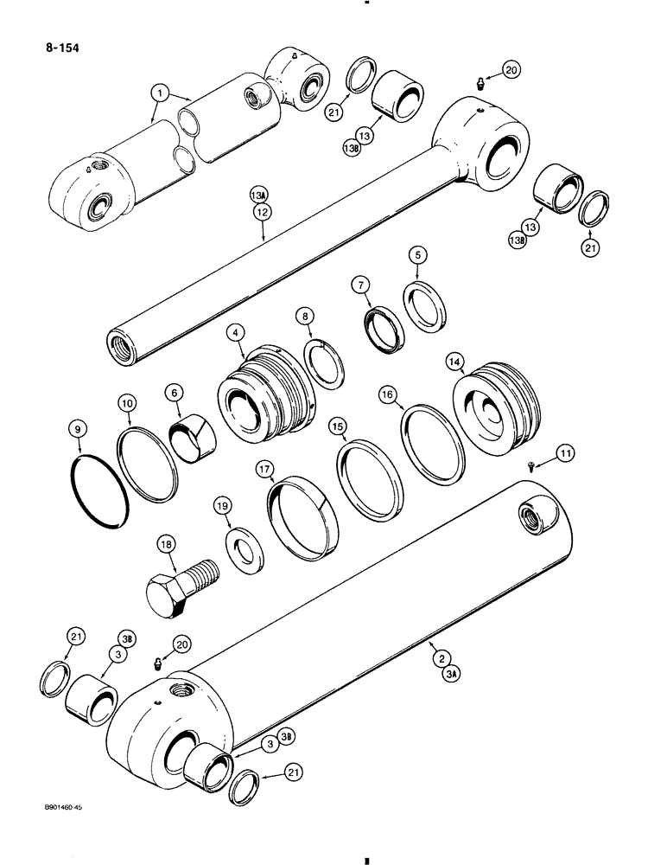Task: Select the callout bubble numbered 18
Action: click(167, 544)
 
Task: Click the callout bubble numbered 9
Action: click(79, 427)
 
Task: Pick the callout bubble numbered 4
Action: click(236, 331)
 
